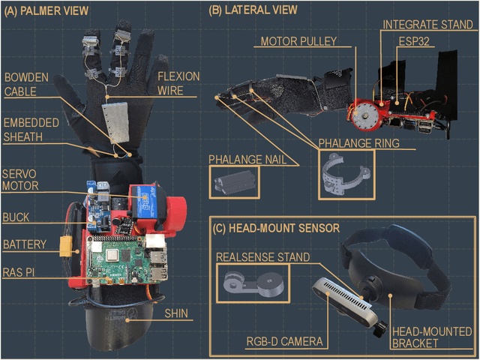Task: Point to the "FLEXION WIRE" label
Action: coord(178,83)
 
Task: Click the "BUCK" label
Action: coord(16,217)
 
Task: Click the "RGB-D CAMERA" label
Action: coord(284,342)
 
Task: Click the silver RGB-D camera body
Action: coord(345,299)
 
